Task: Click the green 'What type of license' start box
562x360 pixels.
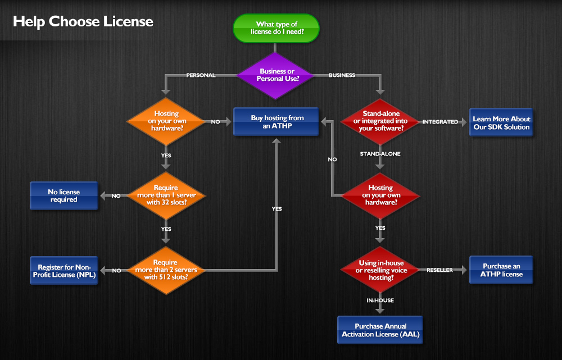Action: pos(276,28)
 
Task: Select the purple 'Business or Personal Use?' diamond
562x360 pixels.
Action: pos(276,75)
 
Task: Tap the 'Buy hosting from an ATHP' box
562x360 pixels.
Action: pos(277,121)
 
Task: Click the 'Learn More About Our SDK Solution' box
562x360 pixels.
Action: pos(501,123)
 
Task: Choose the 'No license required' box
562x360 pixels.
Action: pos(64,195)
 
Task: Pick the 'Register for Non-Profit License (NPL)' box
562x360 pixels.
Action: pos(64,271)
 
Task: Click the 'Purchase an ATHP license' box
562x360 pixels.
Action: pos(501,270)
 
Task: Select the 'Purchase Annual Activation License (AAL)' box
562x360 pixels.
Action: pos(380,330)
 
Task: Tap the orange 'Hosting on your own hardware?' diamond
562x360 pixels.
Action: pos(166,121)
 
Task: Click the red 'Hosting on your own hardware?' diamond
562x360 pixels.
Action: pos(380,195)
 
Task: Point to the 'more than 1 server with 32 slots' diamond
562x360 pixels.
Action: pos(166,195)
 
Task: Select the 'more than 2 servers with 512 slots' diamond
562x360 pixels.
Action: pos(166,270)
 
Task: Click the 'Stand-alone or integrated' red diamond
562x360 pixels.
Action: pos(380,121)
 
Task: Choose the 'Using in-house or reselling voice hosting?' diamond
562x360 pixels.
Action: pos(380,270)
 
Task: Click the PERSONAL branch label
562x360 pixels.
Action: pos(201,75)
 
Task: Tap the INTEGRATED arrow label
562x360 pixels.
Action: pos(440,122)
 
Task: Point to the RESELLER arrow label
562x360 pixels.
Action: pos(440,270)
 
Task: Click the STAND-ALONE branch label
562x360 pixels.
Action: pos(380,153)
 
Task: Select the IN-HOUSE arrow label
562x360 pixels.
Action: pos(380,300)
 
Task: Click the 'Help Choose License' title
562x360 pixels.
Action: pos(83,22)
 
